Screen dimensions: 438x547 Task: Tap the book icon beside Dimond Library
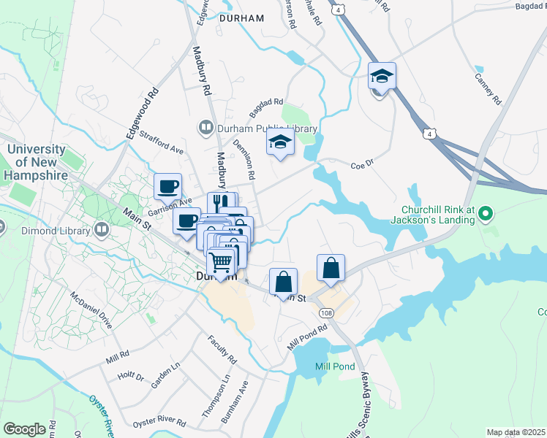tap(102, 231)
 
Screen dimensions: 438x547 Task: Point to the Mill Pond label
tap(334, 366)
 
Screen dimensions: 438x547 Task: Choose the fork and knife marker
tap(218, 201)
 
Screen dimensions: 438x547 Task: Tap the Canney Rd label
tap(488, 88)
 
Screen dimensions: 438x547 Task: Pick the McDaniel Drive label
tap(91, 310)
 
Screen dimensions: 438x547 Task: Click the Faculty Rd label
tap(222, 350)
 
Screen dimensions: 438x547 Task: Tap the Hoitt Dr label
tap(131, 376)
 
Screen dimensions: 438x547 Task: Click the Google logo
tap(24, 429)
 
